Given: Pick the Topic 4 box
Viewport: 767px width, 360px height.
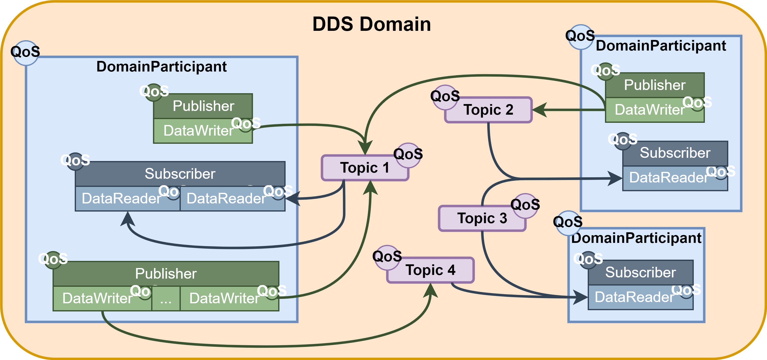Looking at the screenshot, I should (x=430, y=270).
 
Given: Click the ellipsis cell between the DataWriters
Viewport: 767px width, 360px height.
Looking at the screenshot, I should (x=166, y=298).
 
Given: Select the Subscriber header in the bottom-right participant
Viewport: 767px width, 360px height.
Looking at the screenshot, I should (x=640, y=272).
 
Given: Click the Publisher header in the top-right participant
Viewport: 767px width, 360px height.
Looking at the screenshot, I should (x=655, y=85).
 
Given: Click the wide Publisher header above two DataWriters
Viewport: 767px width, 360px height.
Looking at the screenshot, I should (x=166, y=274).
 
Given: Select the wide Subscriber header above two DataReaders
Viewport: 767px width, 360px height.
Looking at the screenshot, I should (x=180, y=174).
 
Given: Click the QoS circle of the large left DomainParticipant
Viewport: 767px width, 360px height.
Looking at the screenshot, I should (x=26, y=53).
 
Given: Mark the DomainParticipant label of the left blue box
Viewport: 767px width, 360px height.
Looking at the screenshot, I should (x=161, y=66).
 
